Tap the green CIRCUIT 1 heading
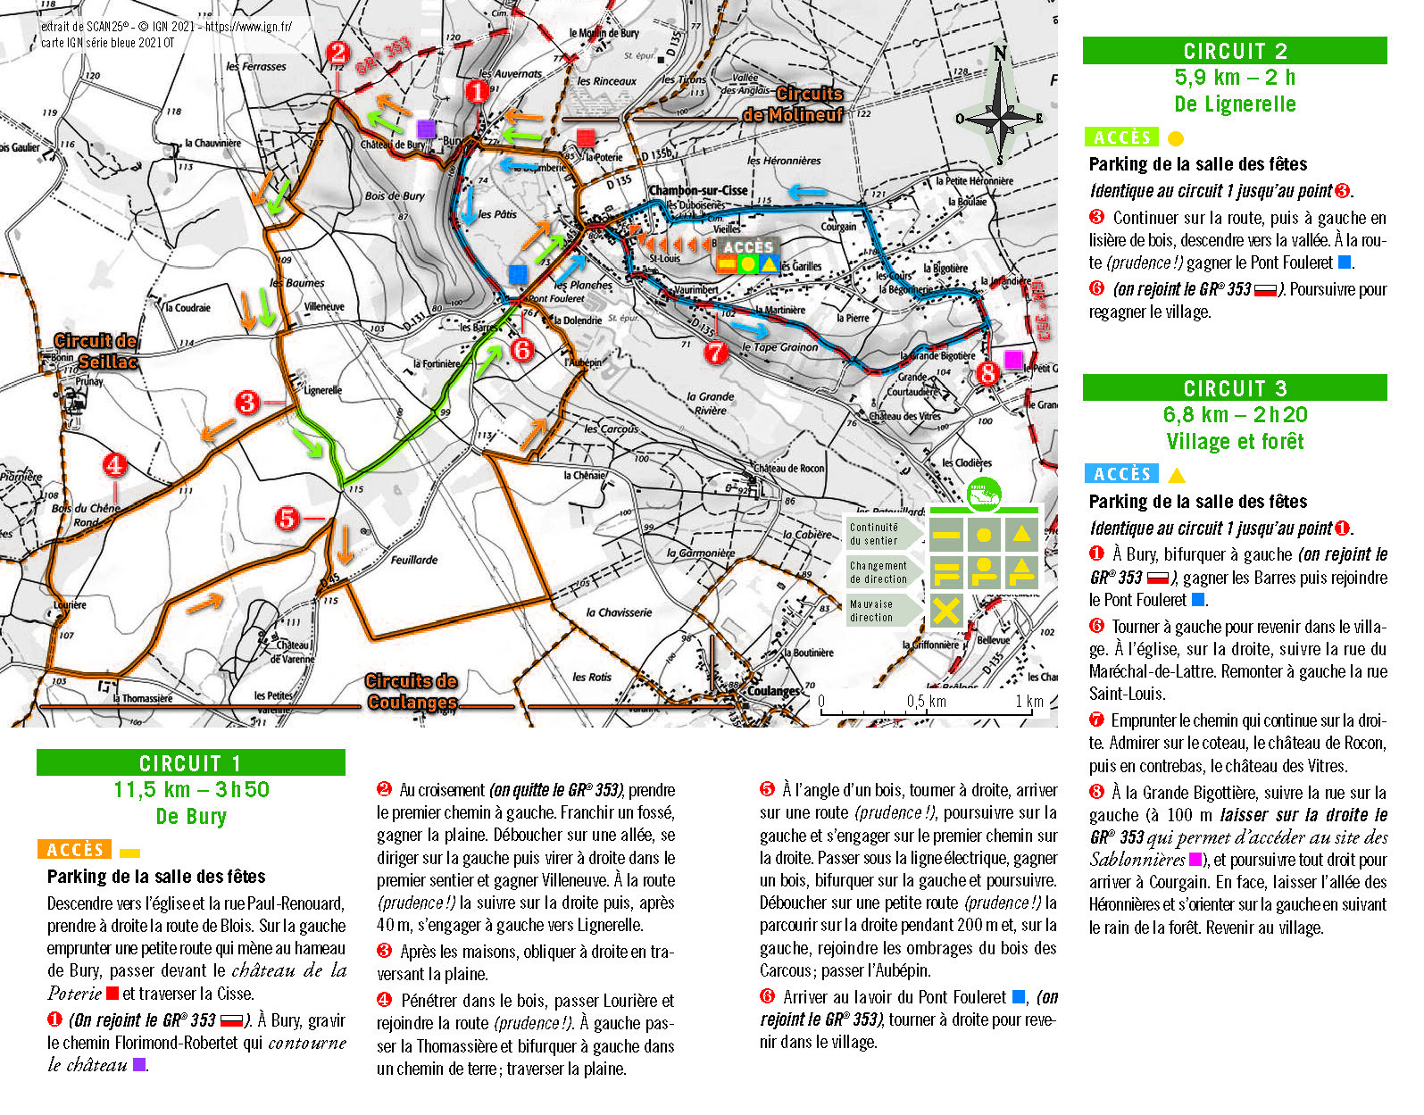coord(190,763)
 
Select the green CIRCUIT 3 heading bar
coord(1235,388)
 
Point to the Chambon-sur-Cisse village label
coord(698,190)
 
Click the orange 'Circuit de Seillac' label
coord(96,351)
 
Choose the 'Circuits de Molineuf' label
coord(793,104)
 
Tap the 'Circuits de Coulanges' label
coord(412,692)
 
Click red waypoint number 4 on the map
coord(114,465)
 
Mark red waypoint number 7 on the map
coord(716,353)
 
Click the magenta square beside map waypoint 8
coord(1013,360)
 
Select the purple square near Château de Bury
coord(427,129)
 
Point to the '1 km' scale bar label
coord(1028,702)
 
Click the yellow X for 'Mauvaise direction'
coord(946,611)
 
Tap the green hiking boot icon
coord(984,493)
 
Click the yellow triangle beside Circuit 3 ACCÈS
coord(1178,475)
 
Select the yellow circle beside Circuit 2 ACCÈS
coord(1176,138)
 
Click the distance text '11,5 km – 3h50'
coord(191,790)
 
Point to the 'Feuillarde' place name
coord(414,560)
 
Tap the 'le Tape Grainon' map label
coord(779,347)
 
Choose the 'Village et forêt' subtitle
coord(1235,442)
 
